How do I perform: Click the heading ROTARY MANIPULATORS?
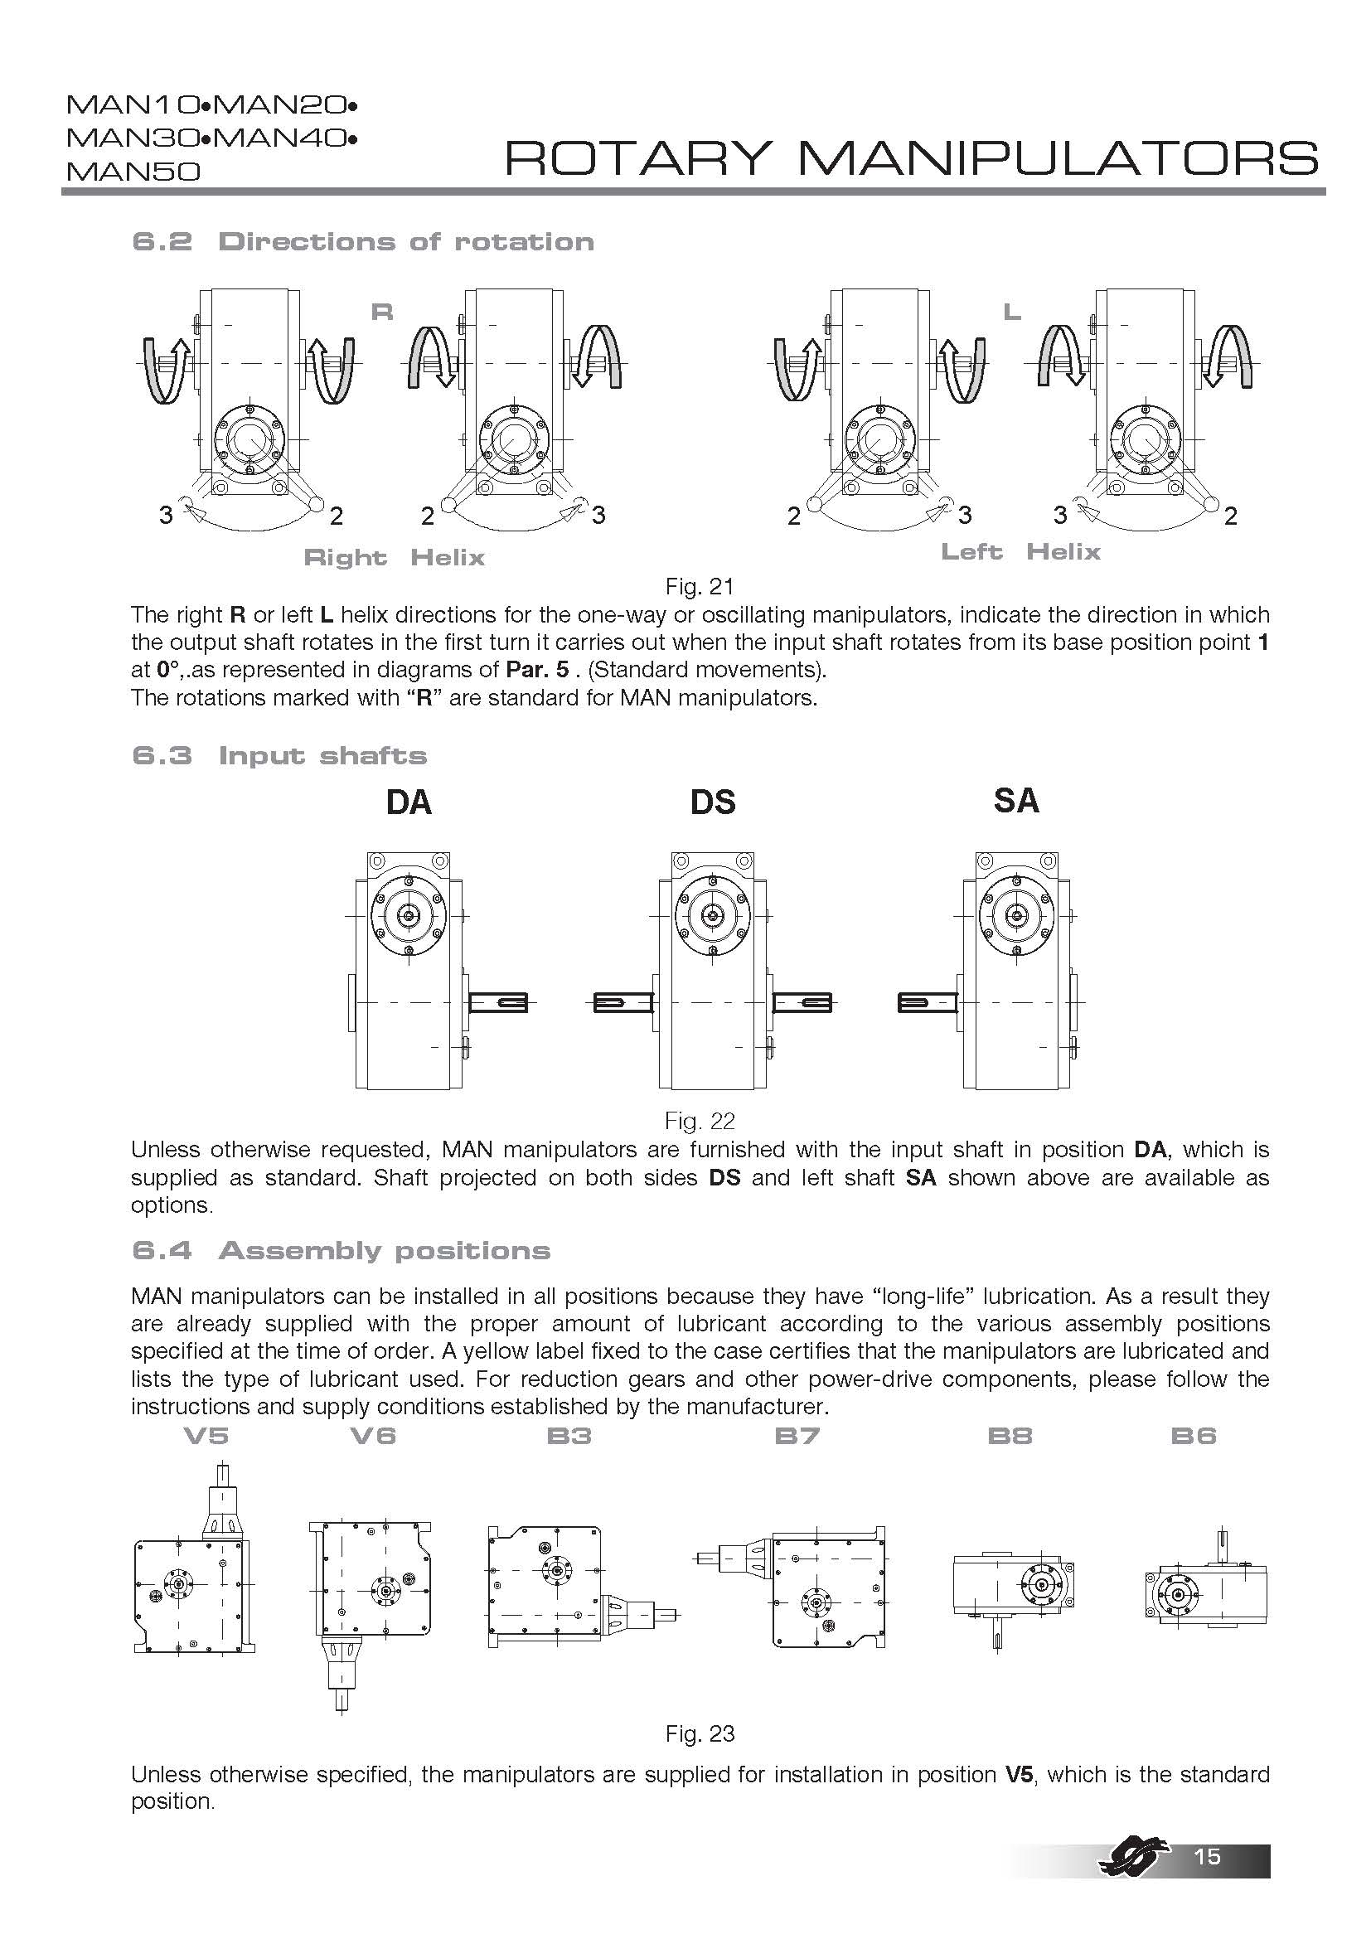[x=910, y=158]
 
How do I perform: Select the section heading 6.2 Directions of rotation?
[x=363, y=241]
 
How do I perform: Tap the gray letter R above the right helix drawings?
[x=382, y=313]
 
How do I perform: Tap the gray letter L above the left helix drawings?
[x=1011, y=313]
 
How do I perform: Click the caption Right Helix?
[x=394, y=557]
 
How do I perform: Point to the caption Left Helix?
[x=1020, y=552]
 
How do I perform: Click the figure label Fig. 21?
[x=699, y=585]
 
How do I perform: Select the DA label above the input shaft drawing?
[x=409, y=802]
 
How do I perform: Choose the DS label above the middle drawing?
[x=713, y=802]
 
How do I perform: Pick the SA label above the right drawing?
[x=1015, y=801]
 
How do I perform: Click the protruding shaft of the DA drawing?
[x=498, y=1002]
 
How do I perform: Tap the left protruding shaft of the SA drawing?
[x=928, y=1002]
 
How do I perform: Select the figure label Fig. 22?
[x=699, y=1121]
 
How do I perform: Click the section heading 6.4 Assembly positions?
[x=341, y=1250]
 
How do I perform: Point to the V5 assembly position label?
[x=206, y=1436]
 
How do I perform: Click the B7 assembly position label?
[x=797, y=1436]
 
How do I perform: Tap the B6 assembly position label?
[x=1193, y=1436]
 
